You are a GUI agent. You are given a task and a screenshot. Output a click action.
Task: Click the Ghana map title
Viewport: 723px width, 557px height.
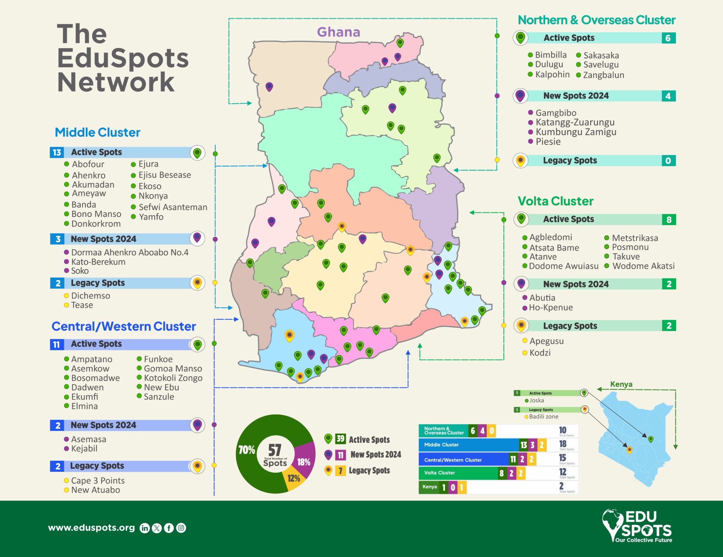click(x=338, y=32)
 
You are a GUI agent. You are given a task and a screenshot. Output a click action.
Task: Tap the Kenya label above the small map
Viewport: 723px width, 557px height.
click(x=621, y=384)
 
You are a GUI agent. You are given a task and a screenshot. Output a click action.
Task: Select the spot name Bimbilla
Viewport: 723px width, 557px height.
click(x=550, y=55)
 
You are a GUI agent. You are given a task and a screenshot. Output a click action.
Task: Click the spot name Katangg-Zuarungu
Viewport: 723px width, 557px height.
click(x=575, y=122)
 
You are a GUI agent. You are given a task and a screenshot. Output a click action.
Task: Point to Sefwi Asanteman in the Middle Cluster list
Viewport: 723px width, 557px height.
click(x=173, y=207)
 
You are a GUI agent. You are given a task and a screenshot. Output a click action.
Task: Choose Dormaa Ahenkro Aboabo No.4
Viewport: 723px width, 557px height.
click(x=130, y=252)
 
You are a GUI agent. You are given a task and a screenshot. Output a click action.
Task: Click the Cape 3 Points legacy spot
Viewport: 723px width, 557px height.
click(x=97, y=481)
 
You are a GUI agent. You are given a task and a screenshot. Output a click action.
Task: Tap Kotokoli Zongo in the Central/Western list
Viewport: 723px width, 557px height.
click(x=173, y=378)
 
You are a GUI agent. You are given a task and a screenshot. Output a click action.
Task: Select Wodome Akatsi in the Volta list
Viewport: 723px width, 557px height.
click(x=643, y=266)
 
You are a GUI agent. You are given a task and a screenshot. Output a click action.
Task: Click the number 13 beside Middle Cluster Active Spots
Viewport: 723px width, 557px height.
click(x=57, y=153)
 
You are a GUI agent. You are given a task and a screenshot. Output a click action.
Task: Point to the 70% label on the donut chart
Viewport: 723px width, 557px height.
click(x=246, y=450)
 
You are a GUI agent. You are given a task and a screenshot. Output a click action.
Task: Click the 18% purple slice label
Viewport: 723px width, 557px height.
click(x=304, y=462)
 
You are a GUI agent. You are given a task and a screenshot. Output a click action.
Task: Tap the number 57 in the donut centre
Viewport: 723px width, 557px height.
click(x=275, y=450)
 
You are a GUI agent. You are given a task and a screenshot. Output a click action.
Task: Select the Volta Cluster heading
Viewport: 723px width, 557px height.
click(x=555, y=201)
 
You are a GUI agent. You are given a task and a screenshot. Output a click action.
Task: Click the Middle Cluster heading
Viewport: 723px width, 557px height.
click(x=97, y=133)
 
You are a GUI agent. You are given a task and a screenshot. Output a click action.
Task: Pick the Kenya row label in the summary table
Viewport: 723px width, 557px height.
click(x=430, y=487)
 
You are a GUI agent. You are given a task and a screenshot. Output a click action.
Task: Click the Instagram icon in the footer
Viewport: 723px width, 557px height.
click(x=181, y=528)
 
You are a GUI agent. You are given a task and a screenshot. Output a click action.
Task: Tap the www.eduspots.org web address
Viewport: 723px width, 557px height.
click(x=91, y=528)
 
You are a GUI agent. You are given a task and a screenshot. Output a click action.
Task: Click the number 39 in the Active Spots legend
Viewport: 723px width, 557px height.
click(x=340, y=439)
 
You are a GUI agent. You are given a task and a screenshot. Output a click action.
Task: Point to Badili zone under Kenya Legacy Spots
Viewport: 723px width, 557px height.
click(x=543, y=417)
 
